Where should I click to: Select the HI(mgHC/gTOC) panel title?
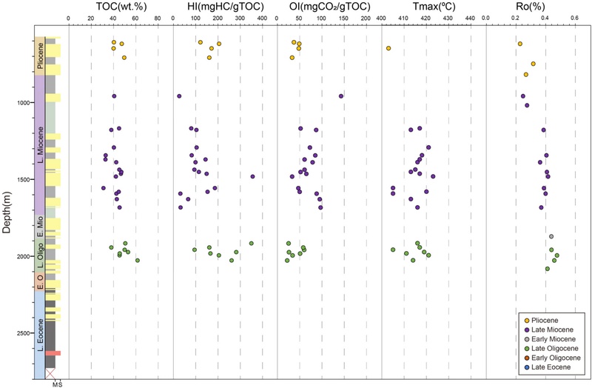[x=218, y=7]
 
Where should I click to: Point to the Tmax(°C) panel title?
[x=430, y=7]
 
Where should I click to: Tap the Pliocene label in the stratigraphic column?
[x=39, y=56]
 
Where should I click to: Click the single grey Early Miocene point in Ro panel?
[x=551, y=236]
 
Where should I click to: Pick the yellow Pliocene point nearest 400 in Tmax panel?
[x=388, y=48]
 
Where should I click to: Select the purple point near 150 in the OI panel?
[x=341, y=96]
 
